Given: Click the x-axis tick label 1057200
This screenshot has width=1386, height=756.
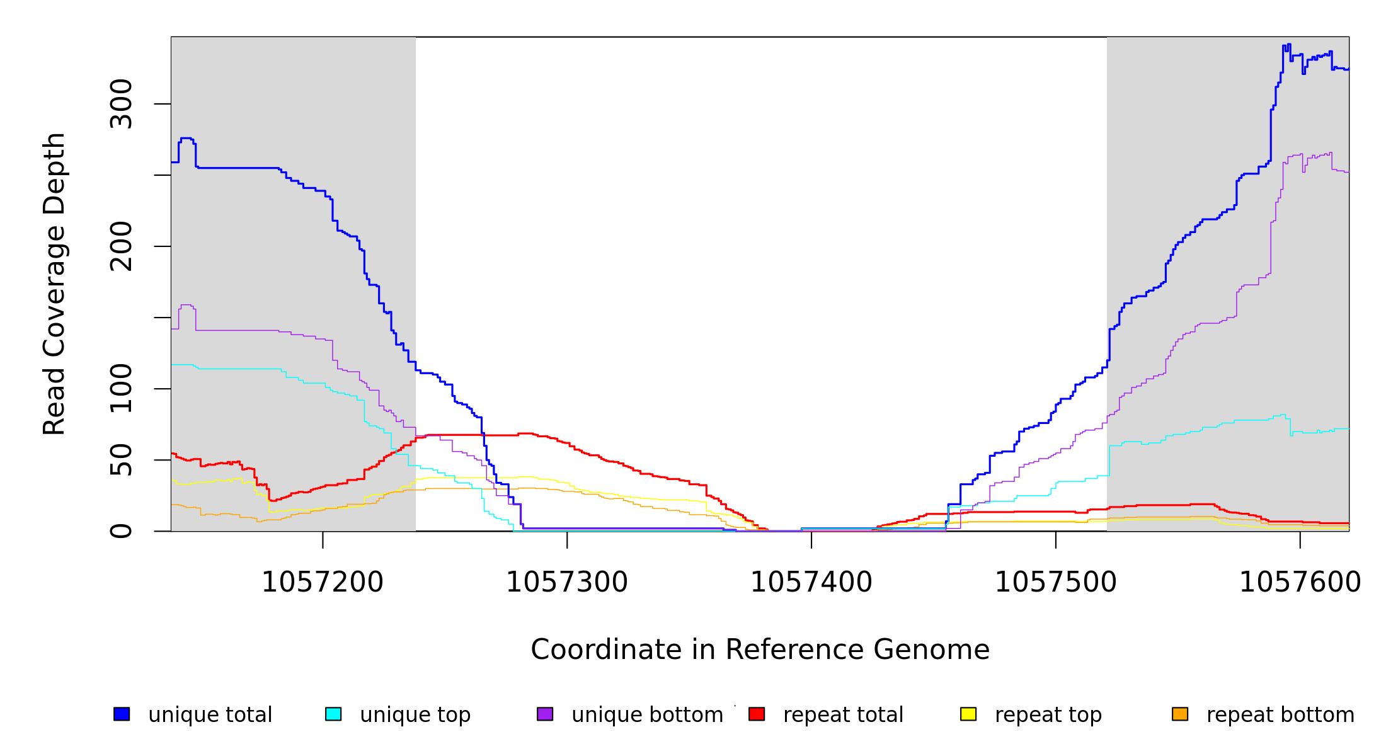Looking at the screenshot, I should coord(323,583).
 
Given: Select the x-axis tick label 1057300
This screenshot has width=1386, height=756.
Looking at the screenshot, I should coord(567,583).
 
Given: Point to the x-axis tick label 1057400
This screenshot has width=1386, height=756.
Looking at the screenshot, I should coord(811,583).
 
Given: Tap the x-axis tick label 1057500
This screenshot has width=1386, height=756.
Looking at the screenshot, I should coord(1056,583).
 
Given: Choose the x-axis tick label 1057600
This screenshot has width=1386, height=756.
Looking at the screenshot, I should coord(1300,583).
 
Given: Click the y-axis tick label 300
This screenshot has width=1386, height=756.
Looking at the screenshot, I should coord(121,104).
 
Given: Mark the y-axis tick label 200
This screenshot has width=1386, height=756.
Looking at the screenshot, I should coord(121,246).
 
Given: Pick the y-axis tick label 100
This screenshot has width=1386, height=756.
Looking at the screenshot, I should coord(121,389).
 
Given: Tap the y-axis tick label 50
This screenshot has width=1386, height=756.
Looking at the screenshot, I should coord(121,460).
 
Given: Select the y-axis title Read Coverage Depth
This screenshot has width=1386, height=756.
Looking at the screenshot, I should coord(54,283).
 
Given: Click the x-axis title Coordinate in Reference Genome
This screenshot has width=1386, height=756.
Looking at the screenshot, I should coord(760,650).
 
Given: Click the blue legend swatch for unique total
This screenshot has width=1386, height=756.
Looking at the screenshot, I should coord(122,714).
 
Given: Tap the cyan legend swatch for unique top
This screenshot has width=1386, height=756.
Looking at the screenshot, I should coord(333,714).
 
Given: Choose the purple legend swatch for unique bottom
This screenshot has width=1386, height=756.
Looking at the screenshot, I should coord(545,714).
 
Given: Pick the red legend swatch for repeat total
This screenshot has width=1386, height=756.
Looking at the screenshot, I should coord(757,714).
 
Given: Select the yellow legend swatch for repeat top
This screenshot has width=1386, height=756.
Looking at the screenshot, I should coord(968,714).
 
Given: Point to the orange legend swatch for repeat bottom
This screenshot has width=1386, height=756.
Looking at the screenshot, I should coord(1180,714).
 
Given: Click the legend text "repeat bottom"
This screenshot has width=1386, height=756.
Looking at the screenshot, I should coord(1280,715).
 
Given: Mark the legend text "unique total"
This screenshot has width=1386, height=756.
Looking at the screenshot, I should coord(210,715).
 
